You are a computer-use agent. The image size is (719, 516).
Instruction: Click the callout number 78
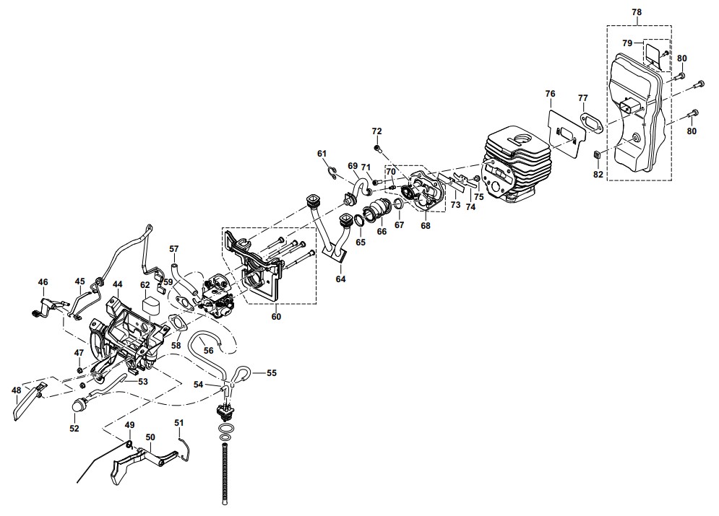click(637, 12)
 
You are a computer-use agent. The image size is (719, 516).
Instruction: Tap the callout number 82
click(598, 175)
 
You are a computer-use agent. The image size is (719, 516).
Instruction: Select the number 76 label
click(550, 94)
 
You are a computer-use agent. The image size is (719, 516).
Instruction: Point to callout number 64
click(340, 279)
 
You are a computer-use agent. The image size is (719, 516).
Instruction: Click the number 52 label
click(74, 429)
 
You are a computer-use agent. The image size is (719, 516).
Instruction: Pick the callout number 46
click(43, 282)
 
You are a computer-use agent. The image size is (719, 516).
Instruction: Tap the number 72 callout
click(376, 131)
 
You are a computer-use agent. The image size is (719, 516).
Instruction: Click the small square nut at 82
click(598, 156)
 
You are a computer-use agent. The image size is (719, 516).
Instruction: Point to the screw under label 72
click(379, 149)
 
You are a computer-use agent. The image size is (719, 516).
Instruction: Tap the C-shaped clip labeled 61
click(333, 172)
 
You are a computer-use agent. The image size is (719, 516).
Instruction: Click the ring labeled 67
click(399, 204)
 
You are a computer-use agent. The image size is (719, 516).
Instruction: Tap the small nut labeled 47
click(79, 369)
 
